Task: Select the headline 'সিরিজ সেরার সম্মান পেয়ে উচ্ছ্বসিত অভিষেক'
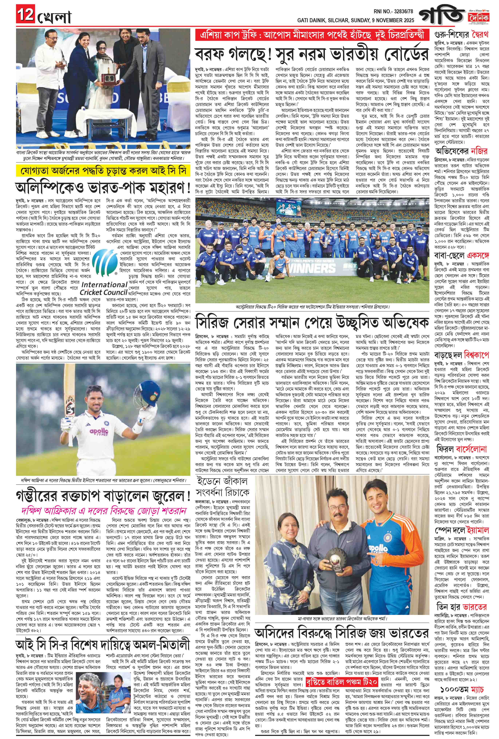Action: [x=311, y=322]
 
